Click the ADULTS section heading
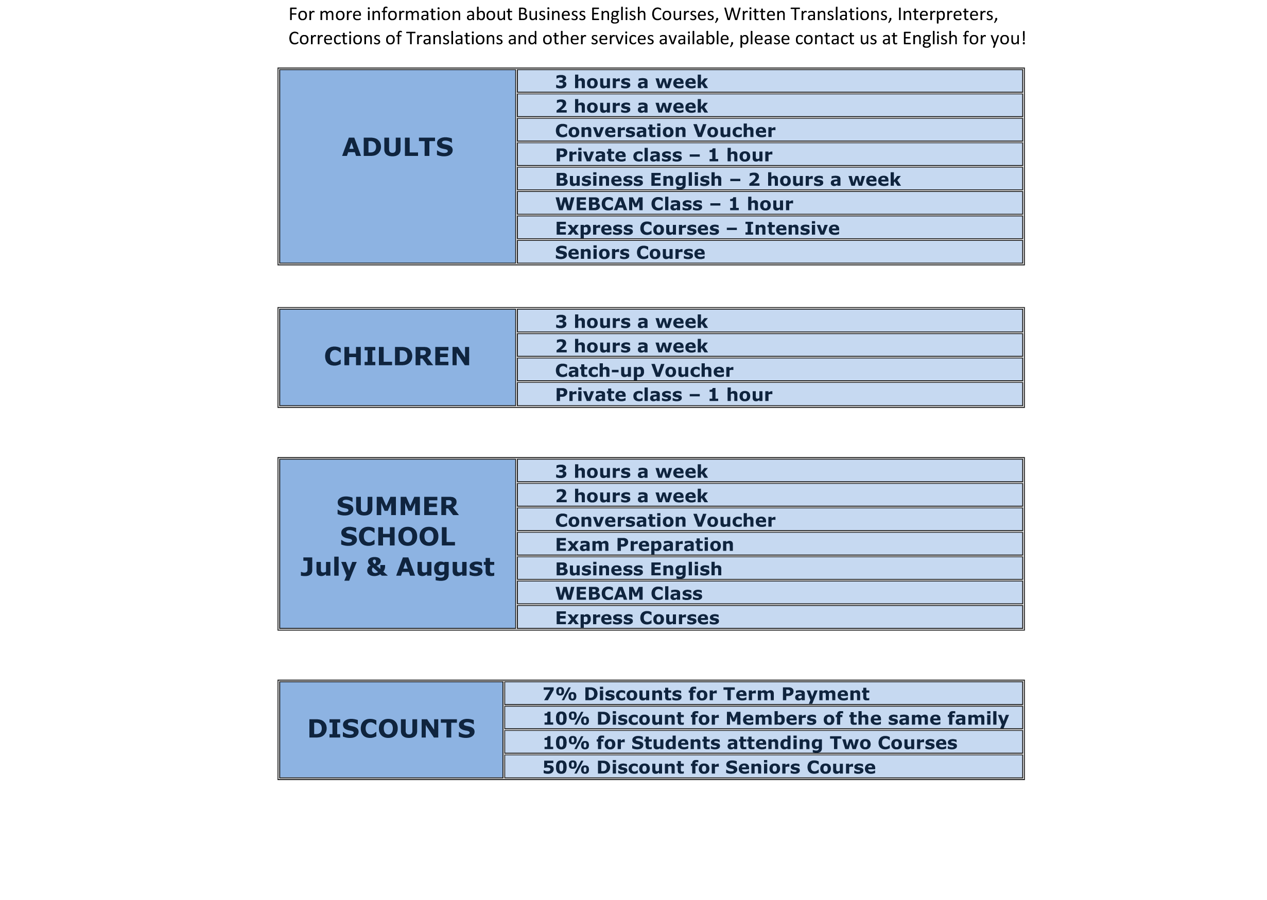tap(397, 147)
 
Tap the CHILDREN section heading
tap(397, 356)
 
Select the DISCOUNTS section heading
tap(391, 728)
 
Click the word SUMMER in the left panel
tap(397, 506)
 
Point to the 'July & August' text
tap(397, 567)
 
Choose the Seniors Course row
tap(630, 253)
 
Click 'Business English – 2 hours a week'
tap(727, 180)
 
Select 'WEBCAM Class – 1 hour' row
tap(674, 204)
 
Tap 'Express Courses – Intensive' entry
tap(697, 228)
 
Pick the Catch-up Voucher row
tap(644, 370)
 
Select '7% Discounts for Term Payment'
tap(705, 694)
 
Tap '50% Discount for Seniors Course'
tap(708, 767)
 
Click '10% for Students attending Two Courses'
tap(750, 743)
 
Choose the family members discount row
tap(775, 718)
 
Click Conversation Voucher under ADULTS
tap(665, 131)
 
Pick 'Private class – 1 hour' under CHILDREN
tap(663, 395)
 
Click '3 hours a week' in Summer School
tap(631, 472)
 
